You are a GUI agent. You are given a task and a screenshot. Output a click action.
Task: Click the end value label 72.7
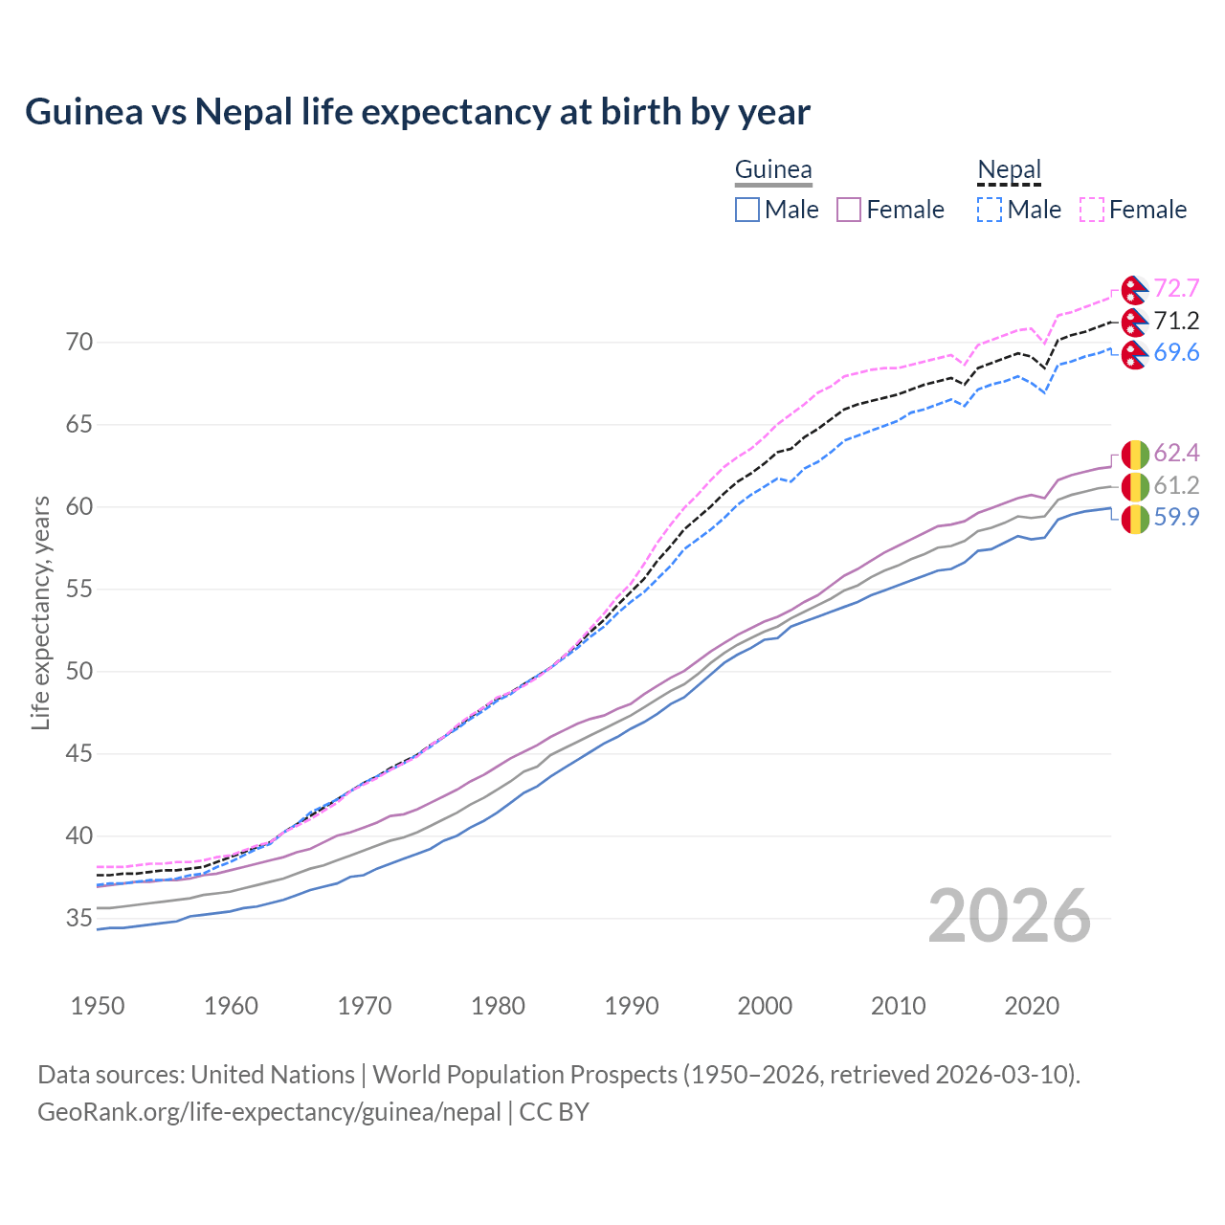tap(1176, 288)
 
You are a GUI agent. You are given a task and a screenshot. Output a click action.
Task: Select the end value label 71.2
tap(1176, 321)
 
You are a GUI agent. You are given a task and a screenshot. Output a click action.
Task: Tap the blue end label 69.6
tap(1176, 353)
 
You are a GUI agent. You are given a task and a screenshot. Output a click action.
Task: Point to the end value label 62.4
tap(1176, 453)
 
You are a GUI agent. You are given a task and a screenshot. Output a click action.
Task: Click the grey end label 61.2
tap(1176, 485)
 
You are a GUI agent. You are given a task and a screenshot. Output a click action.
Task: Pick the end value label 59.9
tap(1176, 518)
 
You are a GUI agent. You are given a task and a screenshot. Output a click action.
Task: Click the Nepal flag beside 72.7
tap(1134, 289)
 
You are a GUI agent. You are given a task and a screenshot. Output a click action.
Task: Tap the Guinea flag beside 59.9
tap(1134, 519)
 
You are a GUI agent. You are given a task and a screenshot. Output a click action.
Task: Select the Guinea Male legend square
tap(747, 210)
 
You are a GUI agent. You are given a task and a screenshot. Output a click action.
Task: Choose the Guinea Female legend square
tap(849, 210)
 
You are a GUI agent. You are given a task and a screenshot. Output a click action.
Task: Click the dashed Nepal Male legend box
tap(990, 210)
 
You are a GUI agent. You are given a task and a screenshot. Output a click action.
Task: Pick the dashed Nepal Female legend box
tap(1092, 210)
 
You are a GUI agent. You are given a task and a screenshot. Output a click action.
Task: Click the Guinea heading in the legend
tap(773, 169)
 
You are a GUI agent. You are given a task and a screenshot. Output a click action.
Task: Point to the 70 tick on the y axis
tap(79, 343)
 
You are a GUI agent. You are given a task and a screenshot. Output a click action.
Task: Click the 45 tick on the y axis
tap(79, 754)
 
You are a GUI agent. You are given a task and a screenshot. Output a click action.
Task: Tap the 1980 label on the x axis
tap(498, 1006)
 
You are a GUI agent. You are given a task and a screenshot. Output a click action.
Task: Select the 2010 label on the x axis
tap(898, 1006)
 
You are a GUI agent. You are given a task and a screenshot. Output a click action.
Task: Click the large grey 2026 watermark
tap(1010, 916)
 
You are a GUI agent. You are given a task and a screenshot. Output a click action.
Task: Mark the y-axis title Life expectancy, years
tap(41, 612)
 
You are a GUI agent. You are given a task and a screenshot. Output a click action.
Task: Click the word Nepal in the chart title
tap(244, 112)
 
